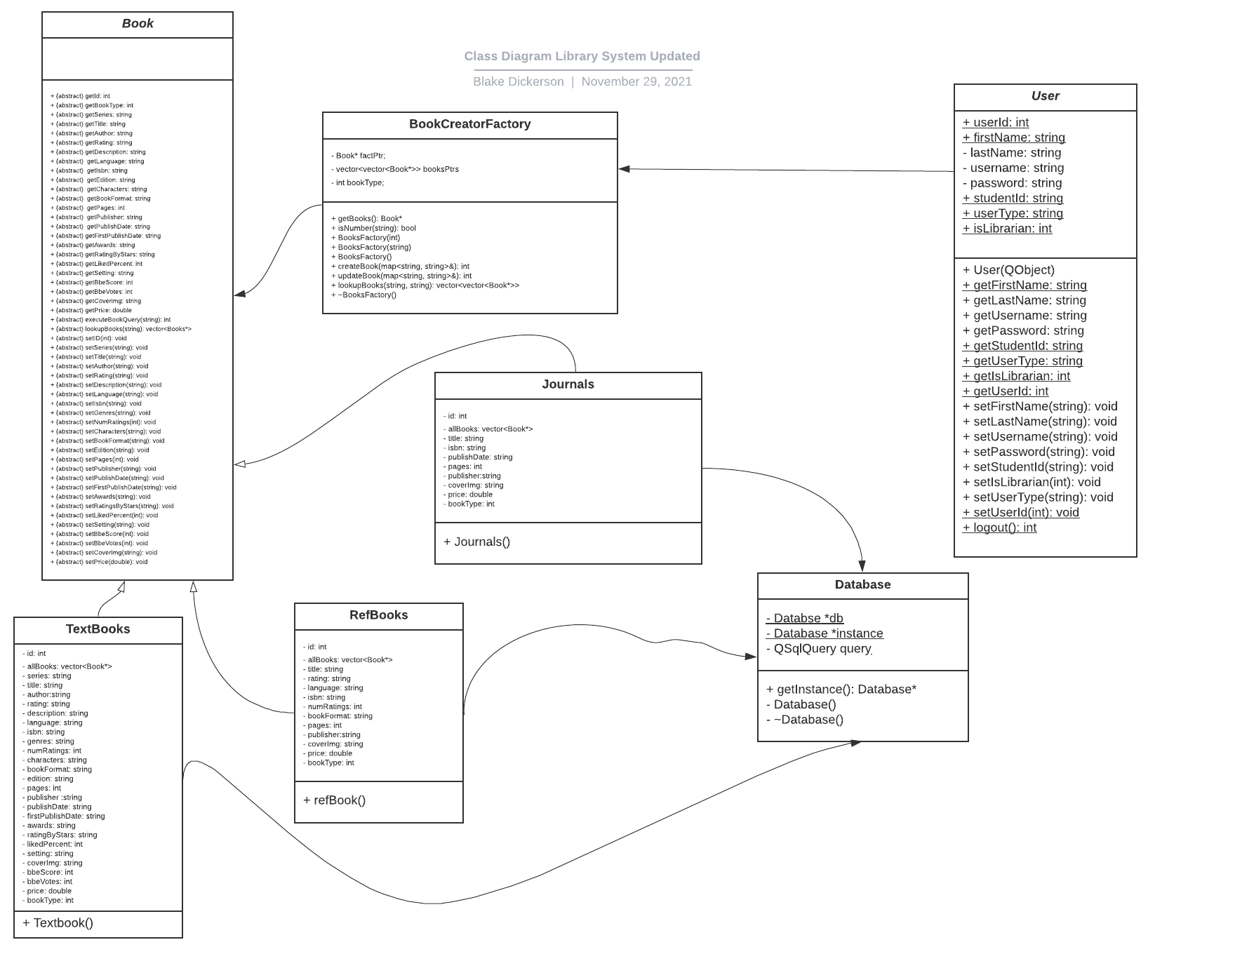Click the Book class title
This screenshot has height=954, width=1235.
138,24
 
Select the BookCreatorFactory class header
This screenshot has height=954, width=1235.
469,124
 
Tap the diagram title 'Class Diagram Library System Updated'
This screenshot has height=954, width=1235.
582,56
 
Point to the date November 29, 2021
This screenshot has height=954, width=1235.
636,81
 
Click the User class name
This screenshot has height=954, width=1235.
1045,96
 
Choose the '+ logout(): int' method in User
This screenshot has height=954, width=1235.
999,528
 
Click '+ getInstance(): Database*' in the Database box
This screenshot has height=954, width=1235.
841,690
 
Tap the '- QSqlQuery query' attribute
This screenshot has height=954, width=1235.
818,649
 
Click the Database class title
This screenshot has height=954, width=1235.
862,585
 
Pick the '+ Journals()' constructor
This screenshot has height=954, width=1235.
476,542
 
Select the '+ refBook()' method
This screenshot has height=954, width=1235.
334,800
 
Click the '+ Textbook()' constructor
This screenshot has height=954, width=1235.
58,923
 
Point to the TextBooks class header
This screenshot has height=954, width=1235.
98,629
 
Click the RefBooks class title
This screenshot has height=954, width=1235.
378,615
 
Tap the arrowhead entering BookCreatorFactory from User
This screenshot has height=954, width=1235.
624,168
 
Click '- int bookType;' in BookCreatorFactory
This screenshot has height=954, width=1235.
359,182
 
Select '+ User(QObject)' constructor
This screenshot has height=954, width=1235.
1008,270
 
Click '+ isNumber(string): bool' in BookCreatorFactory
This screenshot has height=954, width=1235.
373,228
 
